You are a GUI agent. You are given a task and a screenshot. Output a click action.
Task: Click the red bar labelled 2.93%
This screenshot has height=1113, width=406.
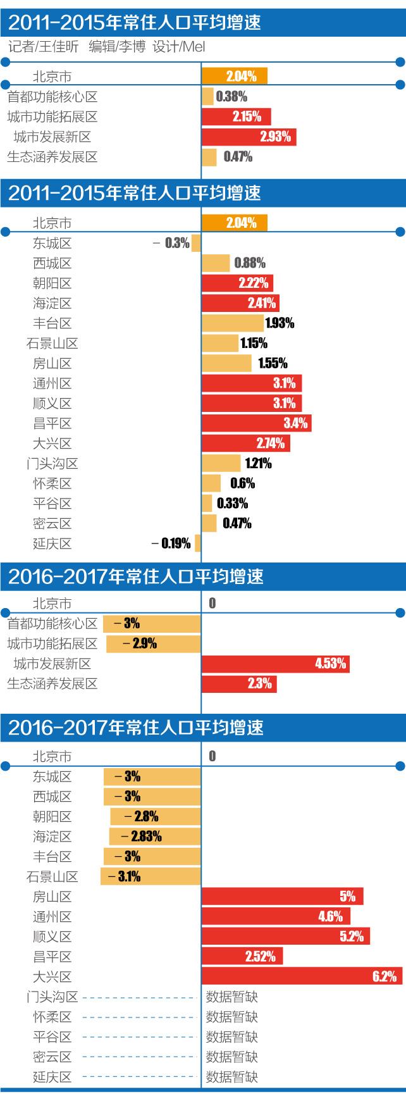(x=249, y=137)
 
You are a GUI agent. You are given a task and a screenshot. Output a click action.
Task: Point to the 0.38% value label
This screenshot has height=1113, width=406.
(x=231, y=97)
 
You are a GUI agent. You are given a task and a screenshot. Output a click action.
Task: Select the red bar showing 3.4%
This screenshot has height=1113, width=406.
(x=256, y=423)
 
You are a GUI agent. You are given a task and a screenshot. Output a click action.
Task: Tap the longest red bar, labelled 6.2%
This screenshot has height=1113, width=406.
(x=301, y=976)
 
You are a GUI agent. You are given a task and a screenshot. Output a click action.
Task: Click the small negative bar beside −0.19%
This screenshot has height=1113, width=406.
(x=198, y=544)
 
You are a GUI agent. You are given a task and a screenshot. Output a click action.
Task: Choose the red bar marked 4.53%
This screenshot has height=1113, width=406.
(x=275, y=664)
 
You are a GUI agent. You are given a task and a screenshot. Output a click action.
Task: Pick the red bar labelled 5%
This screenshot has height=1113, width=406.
(x=282, y=897)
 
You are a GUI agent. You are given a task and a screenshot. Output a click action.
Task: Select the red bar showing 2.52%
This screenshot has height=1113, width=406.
(x=242, y=956)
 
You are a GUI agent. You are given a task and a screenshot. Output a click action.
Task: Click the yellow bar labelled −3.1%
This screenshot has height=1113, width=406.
(x=151, y=876)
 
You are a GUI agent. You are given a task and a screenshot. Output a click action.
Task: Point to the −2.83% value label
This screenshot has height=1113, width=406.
(x=146, y=836)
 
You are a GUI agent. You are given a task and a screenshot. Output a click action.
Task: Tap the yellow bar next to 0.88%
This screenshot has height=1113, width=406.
(x=216, y=263)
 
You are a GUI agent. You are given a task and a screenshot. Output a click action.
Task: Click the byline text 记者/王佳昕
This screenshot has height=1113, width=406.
(x=44, y=47)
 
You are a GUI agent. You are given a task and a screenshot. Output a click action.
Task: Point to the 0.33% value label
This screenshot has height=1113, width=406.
(x=232, y=504)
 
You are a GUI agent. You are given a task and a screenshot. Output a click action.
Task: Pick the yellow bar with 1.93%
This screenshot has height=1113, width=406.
(x=232, y=323)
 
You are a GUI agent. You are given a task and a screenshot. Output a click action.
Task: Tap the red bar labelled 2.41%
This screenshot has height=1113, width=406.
(x=240, y=303)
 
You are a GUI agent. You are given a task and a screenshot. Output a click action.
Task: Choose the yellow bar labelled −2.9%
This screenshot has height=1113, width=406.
(x=153, y=644)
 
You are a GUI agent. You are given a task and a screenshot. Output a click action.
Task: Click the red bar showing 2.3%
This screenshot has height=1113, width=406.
(x=238, y=683)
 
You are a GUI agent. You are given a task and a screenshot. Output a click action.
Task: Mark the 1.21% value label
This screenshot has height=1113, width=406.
(x=256, y=463)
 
